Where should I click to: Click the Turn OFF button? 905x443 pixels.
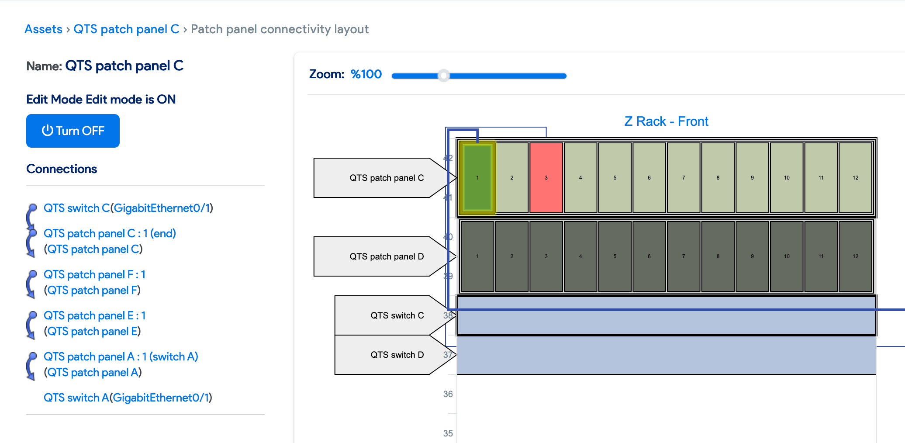73,131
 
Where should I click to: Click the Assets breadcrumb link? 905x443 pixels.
43,29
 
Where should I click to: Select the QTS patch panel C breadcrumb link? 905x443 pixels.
126,29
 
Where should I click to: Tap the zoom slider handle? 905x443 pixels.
444,76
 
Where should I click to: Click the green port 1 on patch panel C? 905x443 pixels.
477,178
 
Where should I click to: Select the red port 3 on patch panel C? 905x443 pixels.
546,178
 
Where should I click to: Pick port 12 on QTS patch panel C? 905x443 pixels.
855,178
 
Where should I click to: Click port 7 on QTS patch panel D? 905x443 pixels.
684,256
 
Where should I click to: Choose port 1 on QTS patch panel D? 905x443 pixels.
477,256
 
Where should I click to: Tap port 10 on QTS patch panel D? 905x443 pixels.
787,256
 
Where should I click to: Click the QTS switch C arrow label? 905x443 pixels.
391,315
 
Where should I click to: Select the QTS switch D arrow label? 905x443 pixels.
391,355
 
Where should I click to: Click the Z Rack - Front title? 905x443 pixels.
666,121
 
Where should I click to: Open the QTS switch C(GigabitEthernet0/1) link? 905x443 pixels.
128,208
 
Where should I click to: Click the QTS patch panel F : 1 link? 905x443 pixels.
94,274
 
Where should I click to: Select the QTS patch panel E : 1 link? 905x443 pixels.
94,315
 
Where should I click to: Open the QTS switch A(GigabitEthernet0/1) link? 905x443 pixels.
128,398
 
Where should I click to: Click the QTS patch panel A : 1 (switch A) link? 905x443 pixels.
121,356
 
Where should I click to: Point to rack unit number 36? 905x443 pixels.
448,394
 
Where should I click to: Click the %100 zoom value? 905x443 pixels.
366,74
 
